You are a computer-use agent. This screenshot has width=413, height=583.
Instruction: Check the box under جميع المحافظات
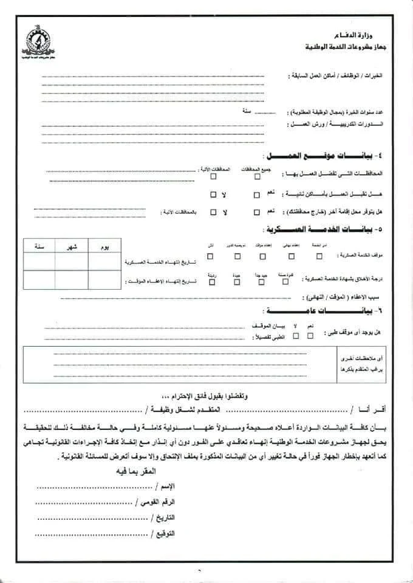[x=257, y=177]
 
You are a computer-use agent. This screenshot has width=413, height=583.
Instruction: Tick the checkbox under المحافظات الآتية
[x=213, y=177]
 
